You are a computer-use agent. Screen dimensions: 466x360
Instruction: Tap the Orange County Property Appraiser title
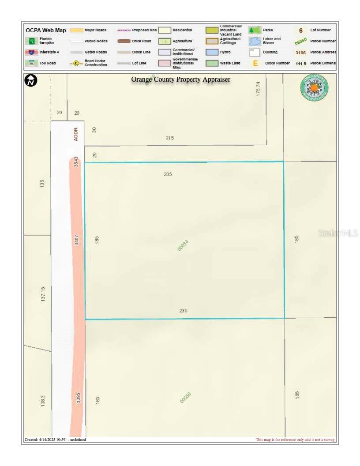(180, 80)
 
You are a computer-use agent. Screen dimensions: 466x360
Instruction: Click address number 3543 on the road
(76, 162)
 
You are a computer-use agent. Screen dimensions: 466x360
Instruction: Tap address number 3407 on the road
(77, 240)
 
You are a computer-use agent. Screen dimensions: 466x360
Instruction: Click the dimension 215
(170, 138)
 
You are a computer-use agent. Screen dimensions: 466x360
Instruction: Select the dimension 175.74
(259, 89)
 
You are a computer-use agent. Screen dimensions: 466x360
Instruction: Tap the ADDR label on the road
(76, 134)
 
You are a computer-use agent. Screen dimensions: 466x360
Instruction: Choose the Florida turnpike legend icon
(32, 41)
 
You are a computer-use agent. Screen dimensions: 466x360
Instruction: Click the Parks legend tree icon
(254, 30)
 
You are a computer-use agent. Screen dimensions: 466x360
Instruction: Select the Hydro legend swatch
(212, 52)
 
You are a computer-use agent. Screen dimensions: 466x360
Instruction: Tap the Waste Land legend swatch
(212, 63)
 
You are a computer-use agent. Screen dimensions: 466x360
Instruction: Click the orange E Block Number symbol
(255, 63)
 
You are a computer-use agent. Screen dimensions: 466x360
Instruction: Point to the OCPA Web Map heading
(46, 30)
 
